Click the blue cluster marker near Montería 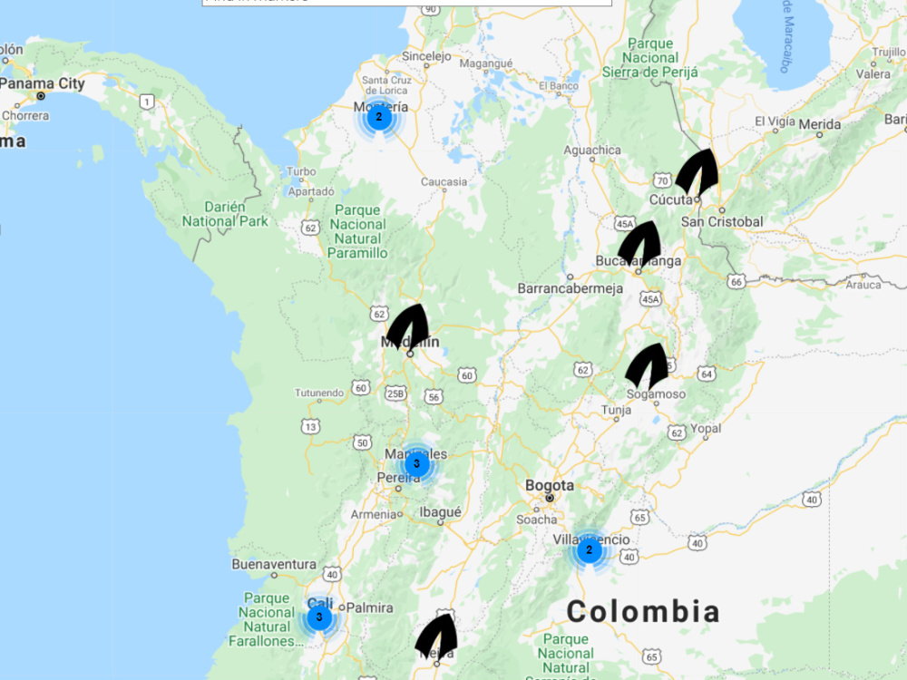click(x=379, y=117)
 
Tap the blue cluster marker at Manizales click(x=416, y=464)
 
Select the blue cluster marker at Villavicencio click(x=589, y=549)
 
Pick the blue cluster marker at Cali click(x=319, y=617)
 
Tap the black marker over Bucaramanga click(x=639, y=242)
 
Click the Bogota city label click(x=550, y=486)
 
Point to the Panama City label click(x=42, y=84)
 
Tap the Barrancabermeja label click(x=570, y=288)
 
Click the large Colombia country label click(x=643, y=611)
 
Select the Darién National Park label click(x=225, y=213)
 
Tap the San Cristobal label click(x=722, y=221)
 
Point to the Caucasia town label click(x=444, y=181)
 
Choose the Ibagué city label click(x=440, y=511)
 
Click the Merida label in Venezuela click(x=819, y=123)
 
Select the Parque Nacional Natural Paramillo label click(x=358, y=232)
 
